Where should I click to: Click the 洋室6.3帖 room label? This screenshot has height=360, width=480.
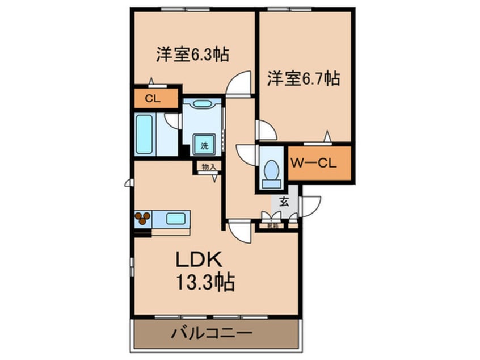coord(193,55)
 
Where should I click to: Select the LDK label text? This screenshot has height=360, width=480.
coord(201,261)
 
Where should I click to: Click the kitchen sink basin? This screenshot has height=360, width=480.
coord(176,217)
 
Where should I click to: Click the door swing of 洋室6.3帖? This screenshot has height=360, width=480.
coord(239,83)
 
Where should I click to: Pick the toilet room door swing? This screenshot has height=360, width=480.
coord(247,155)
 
